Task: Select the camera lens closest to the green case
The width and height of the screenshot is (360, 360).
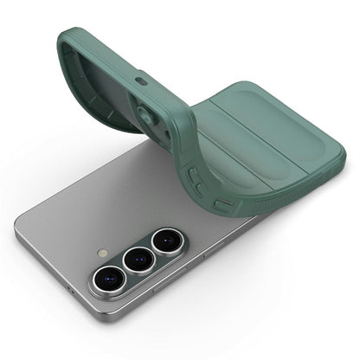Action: [x=164, y=242]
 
